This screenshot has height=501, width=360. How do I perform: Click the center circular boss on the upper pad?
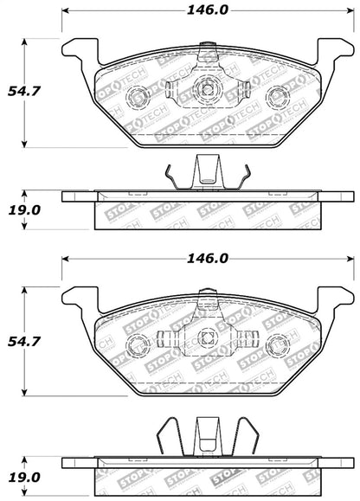click(207, 86)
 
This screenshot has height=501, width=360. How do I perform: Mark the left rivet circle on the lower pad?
click(137, 347)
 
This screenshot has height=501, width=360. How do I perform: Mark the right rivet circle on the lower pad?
click(277, 347)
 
